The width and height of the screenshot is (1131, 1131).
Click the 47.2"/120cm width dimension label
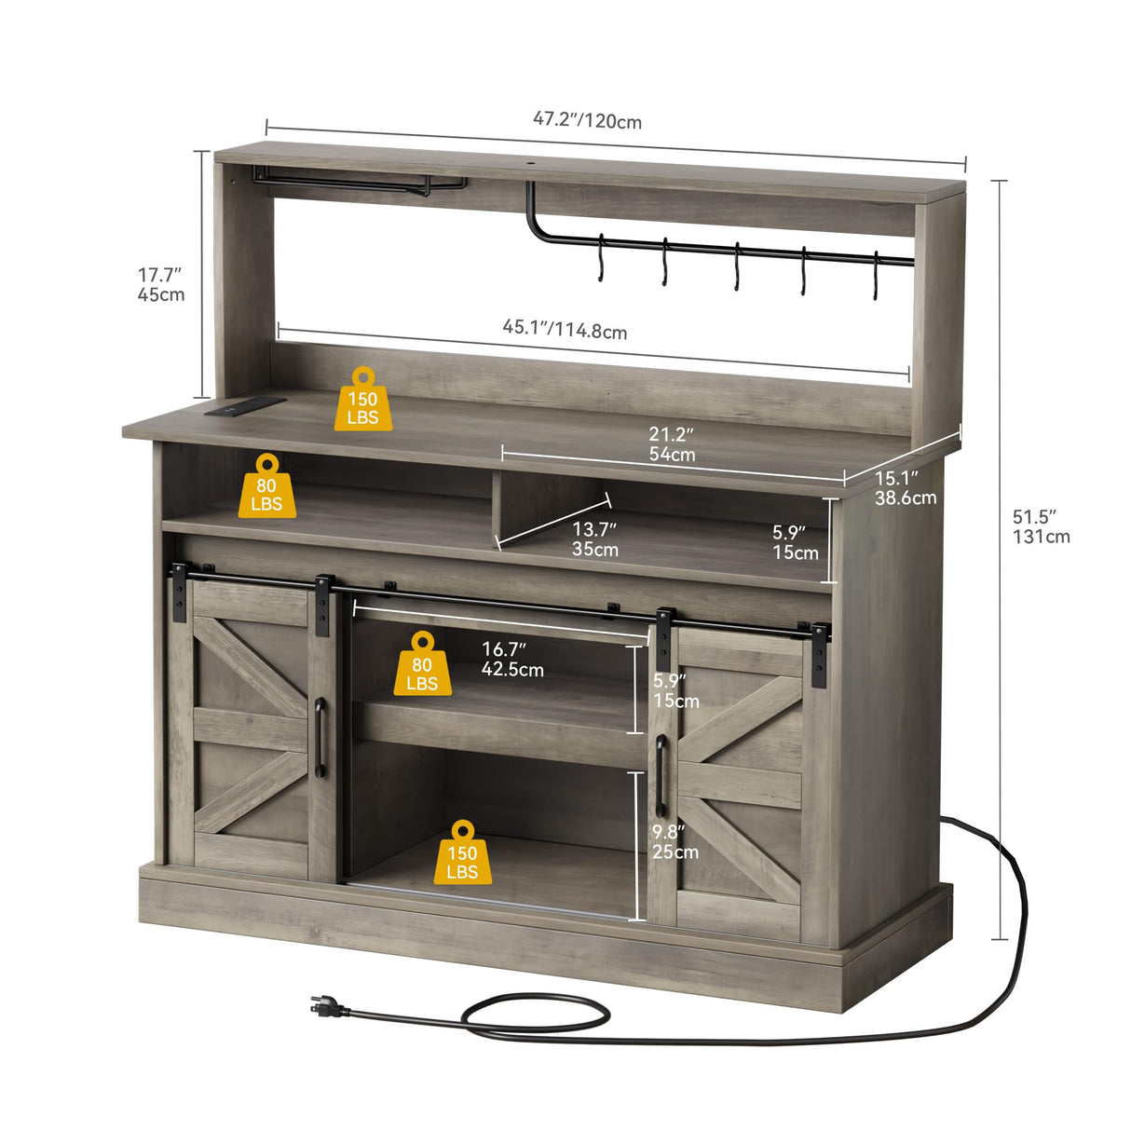pyautogui.click(x=587, y=121)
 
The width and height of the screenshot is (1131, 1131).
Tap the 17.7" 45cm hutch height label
pyautogui.click(x=161, y=285)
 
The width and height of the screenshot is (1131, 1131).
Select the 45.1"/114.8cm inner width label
pyautogui.click(x=565, y=329)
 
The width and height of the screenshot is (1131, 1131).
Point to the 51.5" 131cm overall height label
pyautogui.click(x=1041, y=526)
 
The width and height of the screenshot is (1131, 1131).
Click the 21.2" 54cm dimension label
pyautogui.click(x=672, y=444)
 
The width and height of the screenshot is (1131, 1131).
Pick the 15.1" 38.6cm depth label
pyautogui.click(x=905, y=488)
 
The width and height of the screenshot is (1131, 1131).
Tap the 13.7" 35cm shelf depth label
pyautogui.click(x=594, y=539)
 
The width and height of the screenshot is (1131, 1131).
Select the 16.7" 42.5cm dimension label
pyautogui.click(x=511, y=660)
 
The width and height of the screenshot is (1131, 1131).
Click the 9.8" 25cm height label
pyautogui.click(x=675, y=842)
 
